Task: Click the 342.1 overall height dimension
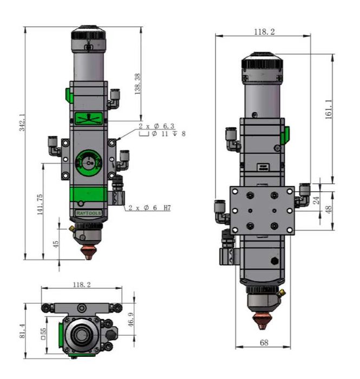point(23,122)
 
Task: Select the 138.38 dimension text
point(138,84)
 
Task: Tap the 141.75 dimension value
point(40,204)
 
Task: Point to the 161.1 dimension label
point(329,109)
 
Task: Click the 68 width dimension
point(264,343)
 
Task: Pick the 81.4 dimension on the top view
point(22,331)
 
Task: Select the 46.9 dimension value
point(130,320)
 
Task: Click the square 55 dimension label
point(43,334)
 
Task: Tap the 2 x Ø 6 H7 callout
point(149,208)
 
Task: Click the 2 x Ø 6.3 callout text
point(156,126)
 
